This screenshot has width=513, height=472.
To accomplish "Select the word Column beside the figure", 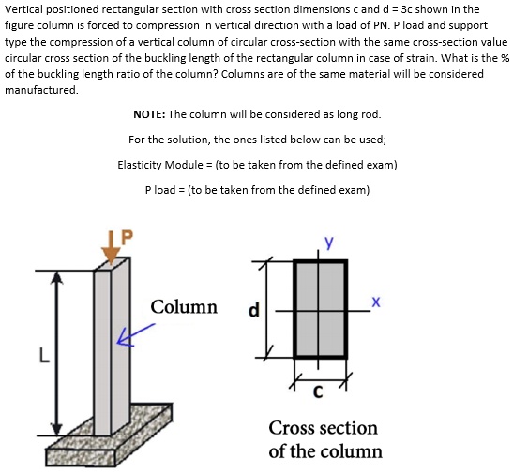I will click(184, 308).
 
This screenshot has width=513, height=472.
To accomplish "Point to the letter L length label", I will click(42, 356).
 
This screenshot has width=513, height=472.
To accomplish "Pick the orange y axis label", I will click(328, 243).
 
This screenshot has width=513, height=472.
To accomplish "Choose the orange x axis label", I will click(375, 302).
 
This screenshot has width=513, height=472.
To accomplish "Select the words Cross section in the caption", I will click(323, 429).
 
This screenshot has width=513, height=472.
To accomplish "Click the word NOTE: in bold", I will click(150, 114).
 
